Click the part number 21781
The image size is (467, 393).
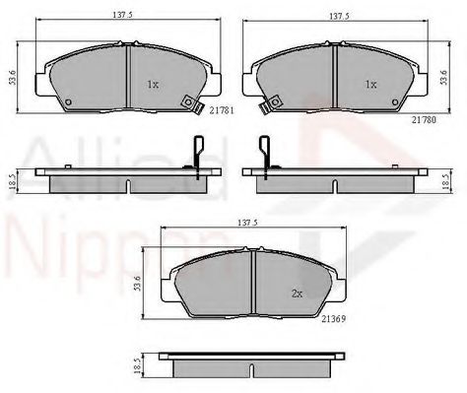222,110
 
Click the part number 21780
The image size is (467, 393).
425,120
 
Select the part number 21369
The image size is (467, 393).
334,318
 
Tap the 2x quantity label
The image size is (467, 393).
297,294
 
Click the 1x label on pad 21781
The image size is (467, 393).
153,85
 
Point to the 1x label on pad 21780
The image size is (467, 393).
371,85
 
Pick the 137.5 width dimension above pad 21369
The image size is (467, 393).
248,223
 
